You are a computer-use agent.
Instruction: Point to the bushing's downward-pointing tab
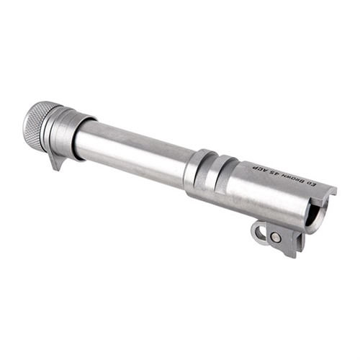point(56,161)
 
